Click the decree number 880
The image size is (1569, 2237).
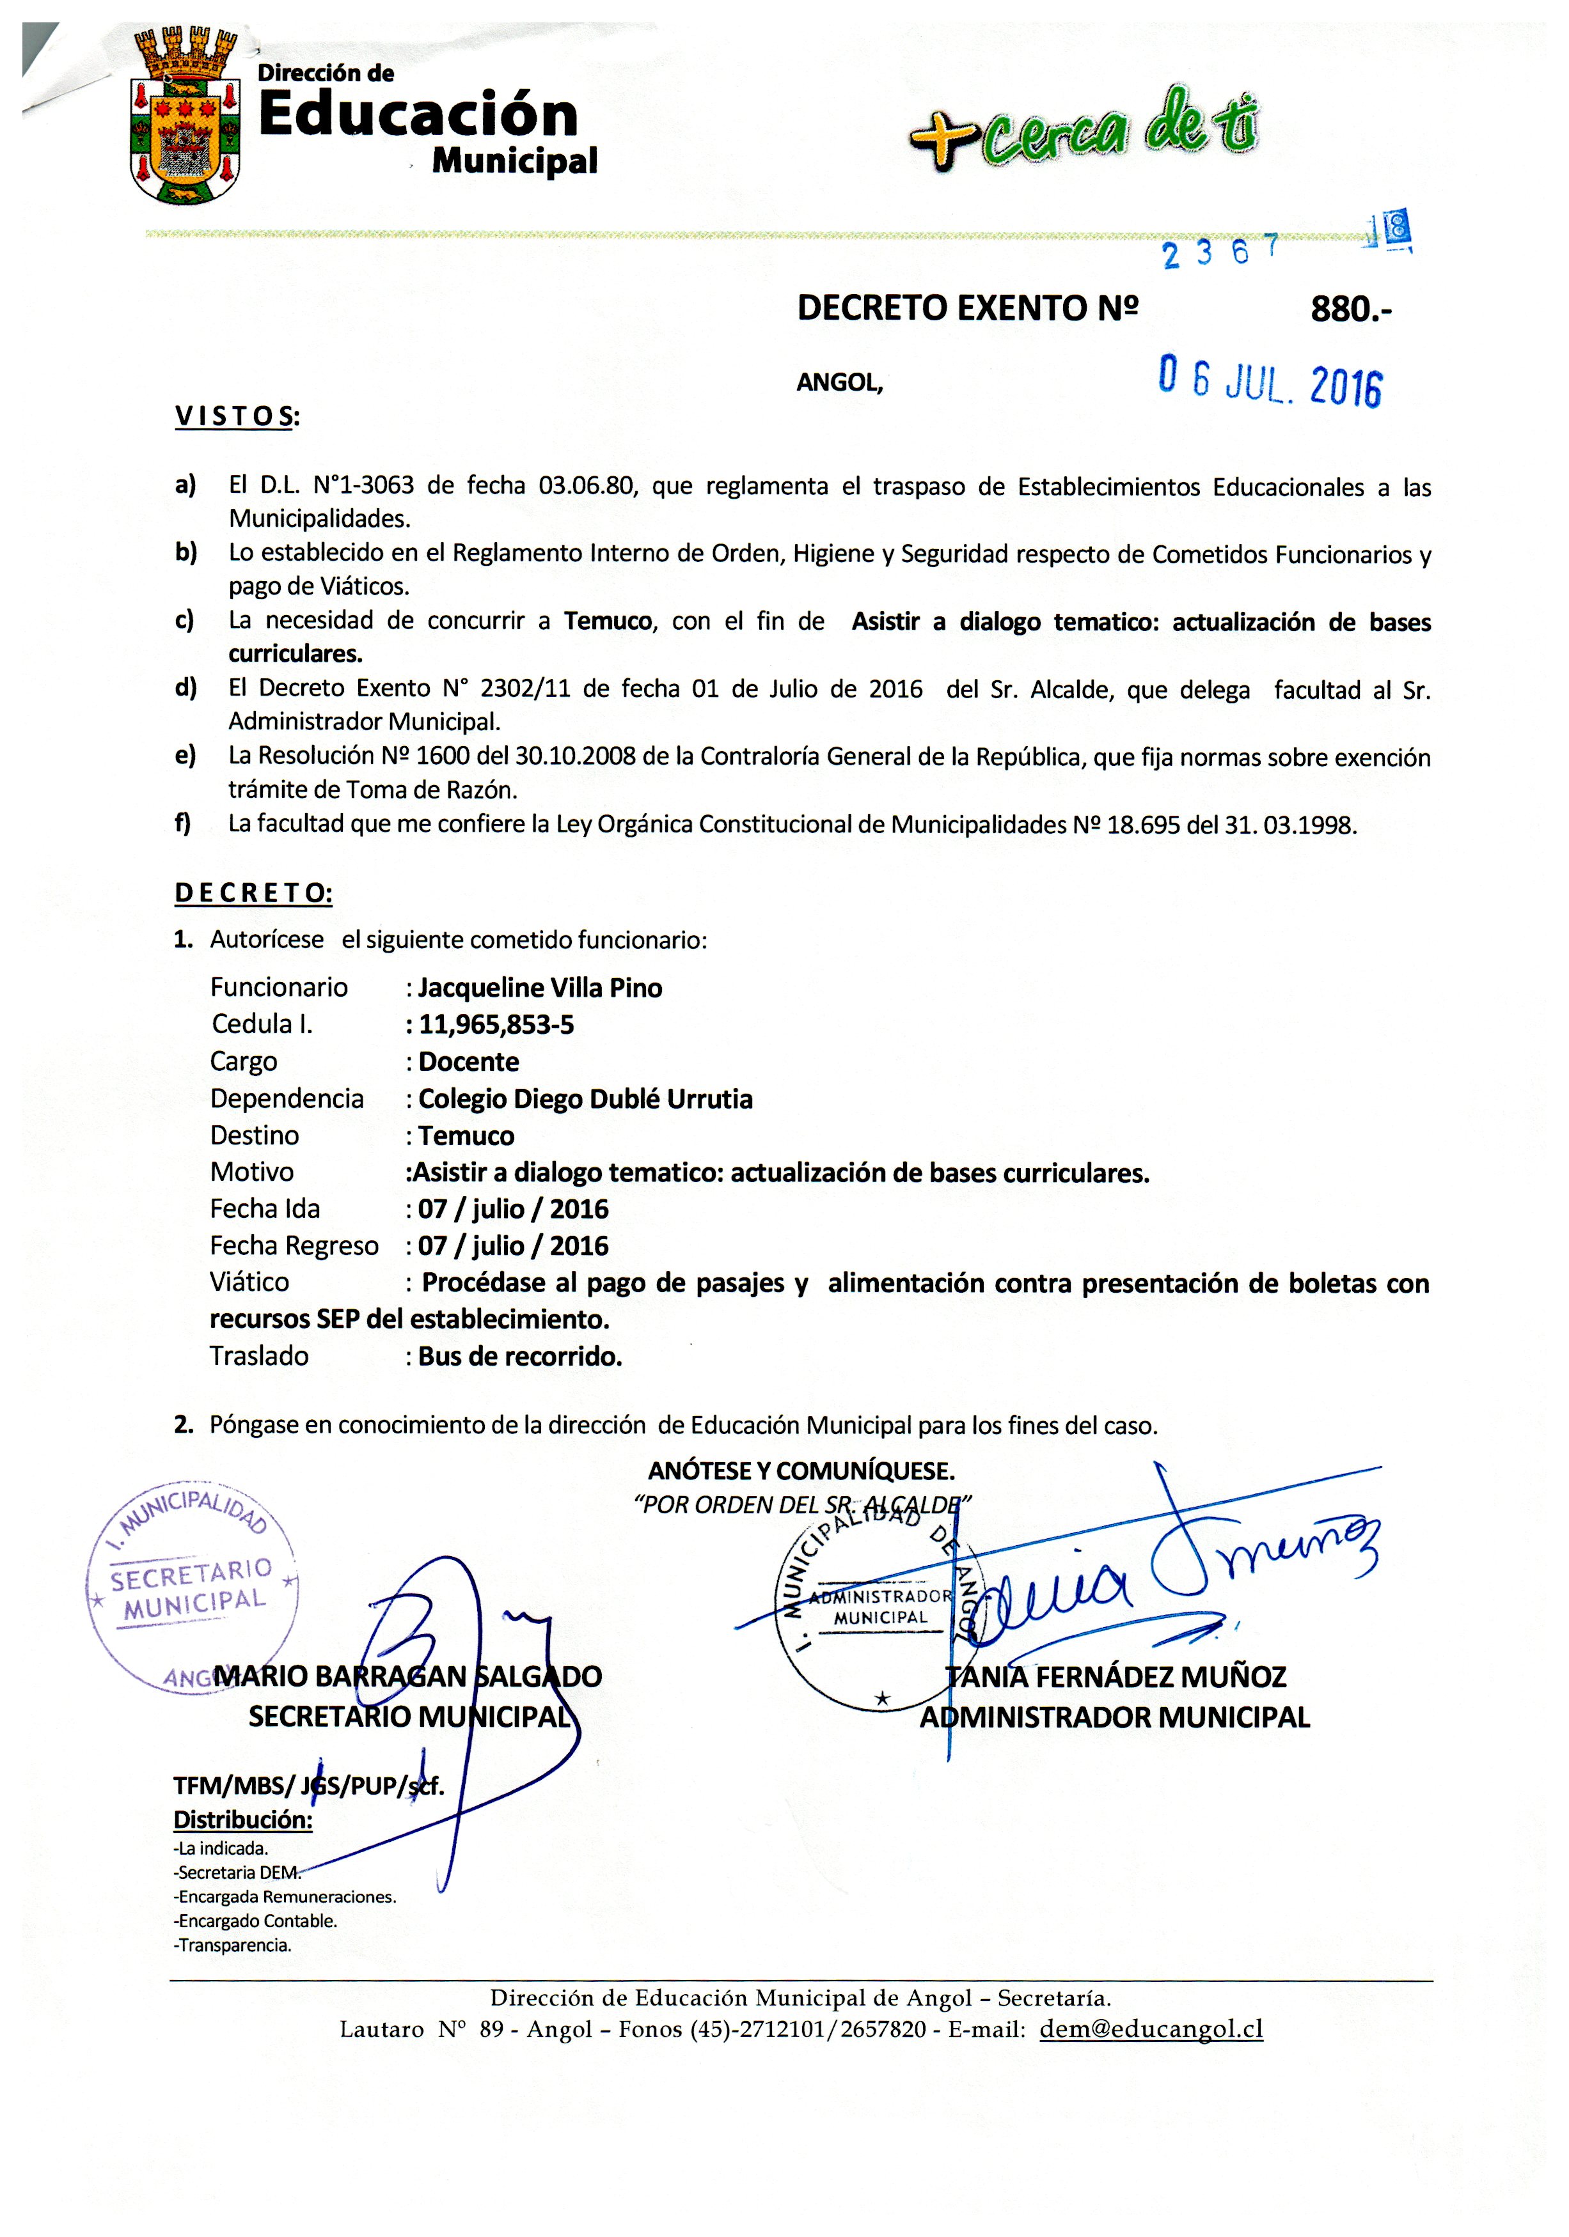(1351, 310)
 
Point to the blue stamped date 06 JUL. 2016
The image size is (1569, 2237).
(1269, 381)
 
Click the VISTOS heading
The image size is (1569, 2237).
(237, 417)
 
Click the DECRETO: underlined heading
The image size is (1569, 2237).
(253, 893)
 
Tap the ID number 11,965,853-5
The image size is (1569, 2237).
(496, 1025)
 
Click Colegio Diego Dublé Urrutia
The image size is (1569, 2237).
(585, 1099)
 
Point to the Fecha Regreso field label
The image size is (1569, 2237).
(294, 1246)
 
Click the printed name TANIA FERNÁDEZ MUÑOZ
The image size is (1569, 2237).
(1116, 1677)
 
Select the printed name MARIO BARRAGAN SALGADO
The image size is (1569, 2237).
(407, 1677)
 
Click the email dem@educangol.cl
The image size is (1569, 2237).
(1151, 2029)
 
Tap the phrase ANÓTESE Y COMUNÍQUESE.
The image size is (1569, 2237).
(801, 1470)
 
